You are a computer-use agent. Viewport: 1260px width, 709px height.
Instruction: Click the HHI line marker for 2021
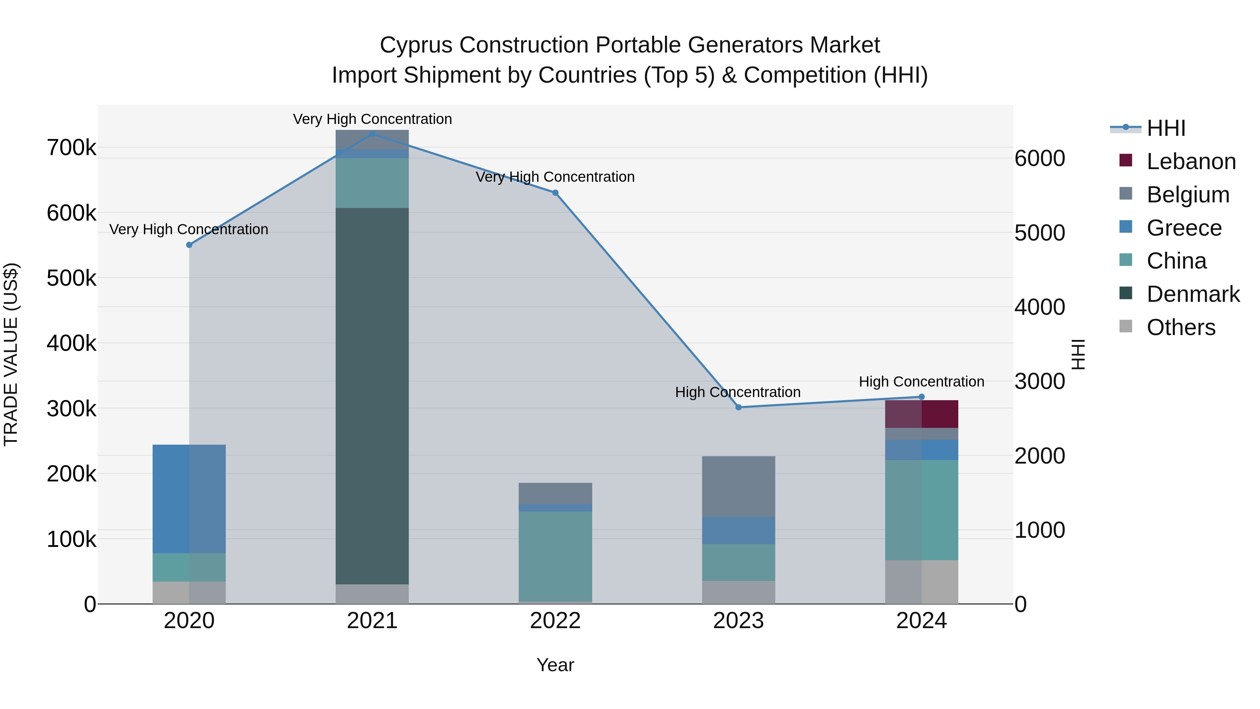point(372,134)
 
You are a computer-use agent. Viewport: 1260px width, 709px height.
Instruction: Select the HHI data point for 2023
point(738,407)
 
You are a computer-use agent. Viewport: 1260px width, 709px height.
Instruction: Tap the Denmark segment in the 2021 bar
point(372,396)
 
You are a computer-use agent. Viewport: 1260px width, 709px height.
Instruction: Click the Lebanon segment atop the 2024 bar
point(922,414)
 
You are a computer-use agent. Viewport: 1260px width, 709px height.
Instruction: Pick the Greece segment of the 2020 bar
point(189,499)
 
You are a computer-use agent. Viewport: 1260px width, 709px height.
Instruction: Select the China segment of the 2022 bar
point(555,556)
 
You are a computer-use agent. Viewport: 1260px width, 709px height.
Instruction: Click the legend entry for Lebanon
point(1191,161)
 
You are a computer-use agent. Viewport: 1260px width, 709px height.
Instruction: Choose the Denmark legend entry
point(1193,294)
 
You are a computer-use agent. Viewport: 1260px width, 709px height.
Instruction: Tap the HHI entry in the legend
point(1166,128)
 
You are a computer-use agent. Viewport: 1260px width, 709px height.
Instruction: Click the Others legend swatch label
point(1181,327)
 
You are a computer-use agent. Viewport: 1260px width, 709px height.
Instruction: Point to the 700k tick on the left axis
point(71,148)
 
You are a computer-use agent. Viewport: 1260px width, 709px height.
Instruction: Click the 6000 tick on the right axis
point(1040,159)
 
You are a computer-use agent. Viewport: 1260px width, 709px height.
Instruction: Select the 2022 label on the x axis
point(555,621)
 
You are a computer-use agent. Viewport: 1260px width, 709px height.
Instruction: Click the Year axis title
point(555,665)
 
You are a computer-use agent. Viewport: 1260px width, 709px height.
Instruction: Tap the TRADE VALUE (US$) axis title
point(11,354)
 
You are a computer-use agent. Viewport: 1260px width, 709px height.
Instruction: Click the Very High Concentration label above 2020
point(189,229)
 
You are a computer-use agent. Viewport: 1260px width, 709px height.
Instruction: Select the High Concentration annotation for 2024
point(922,381)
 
